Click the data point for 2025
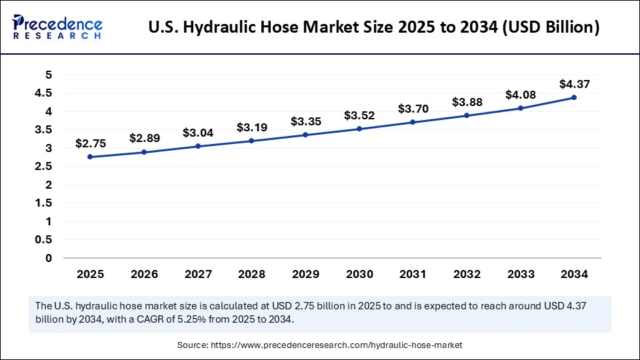tap(90, 157)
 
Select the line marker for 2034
tap(574, 97)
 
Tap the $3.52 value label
tap(359, 115)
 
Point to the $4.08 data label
tap(520, 94)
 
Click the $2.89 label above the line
tap(144, 139)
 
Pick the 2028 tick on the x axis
tap(251, 274)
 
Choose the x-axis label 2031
tap(413, 274)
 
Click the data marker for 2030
tap(359, 129)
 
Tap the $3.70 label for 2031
tap(413, 109)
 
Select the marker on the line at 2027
tap(198, 146)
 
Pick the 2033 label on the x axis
tap(520, 274)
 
